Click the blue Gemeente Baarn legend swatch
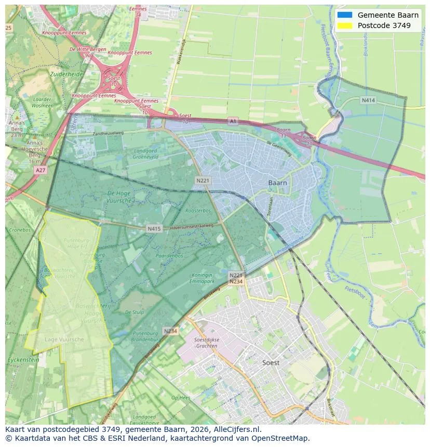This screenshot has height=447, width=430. [x=344, y=15]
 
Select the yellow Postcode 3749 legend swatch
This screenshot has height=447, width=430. [x=344, y=25]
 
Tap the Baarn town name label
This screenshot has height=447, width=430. [x=278, y=183]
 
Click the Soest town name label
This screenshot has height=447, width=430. [x=271, y=362]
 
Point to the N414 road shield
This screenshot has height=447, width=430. [x=368, y=100]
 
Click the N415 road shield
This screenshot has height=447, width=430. [x=154, y=228]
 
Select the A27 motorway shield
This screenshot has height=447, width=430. [x=40, y=170]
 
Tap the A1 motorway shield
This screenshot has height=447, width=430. [x=233, y=120]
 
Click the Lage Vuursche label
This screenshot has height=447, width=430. [x=64, y=340]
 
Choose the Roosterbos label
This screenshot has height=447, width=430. [x=198, y=211]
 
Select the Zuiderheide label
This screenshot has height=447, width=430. [x=66, y=74]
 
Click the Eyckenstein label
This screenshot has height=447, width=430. [x=23, y=359]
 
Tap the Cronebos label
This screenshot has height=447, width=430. [x=20, y=229]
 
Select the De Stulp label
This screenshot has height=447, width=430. [x=135, y=313]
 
